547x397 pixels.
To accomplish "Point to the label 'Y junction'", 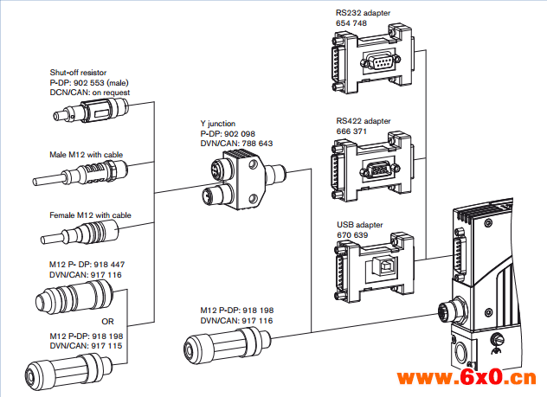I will coord(217,124).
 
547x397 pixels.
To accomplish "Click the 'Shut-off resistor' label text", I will coord(80,73).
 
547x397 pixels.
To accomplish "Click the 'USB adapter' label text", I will coord(360,225).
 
